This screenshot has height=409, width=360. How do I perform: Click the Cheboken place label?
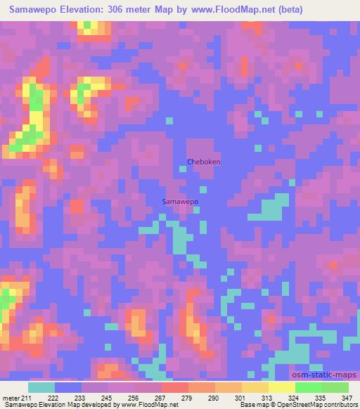(x=204, y=162)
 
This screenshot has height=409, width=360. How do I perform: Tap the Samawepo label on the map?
(x=180, y=202)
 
